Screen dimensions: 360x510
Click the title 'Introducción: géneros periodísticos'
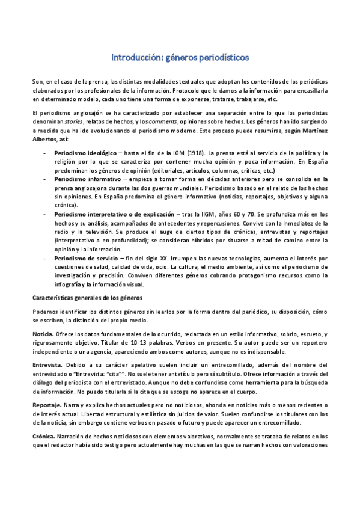(180, 58)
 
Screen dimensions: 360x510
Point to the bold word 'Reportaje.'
(47, 407)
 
